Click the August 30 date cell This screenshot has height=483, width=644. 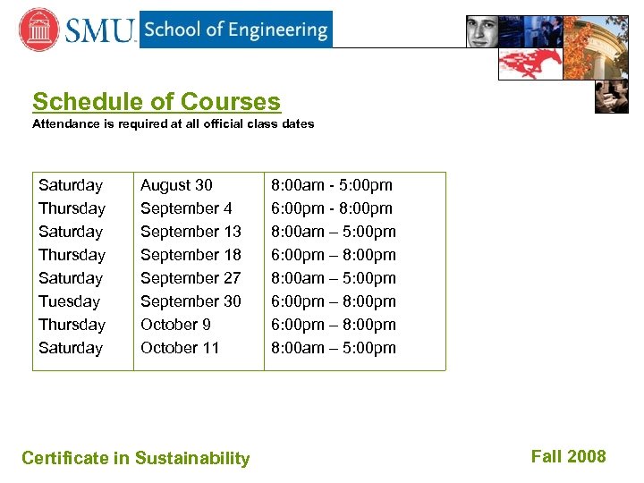(176, 185)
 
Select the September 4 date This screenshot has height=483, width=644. (186, 208)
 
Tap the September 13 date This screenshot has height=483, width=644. (191, 232)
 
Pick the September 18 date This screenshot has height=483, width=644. (191, 255)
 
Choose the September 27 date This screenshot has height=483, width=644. (191, 278)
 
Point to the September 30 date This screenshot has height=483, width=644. (191, 301)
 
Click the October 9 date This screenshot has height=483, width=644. (175, 325)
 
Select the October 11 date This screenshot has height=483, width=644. (180, 348)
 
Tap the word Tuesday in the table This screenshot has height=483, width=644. (69, 301)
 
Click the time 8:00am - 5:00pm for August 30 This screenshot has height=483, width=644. (332, 185)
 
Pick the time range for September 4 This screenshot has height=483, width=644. (332, 208)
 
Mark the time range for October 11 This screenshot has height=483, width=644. (333, 348)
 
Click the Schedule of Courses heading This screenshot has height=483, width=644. (157, 102)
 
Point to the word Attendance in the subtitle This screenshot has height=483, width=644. (66, 124)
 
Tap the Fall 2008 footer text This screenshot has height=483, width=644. (568, 457)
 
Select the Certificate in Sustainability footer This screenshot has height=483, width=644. (136, 459)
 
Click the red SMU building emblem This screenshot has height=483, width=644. (38, 30)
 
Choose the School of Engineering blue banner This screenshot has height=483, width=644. (235, 30)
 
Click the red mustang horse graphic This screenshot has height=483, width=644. (530, 63)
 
